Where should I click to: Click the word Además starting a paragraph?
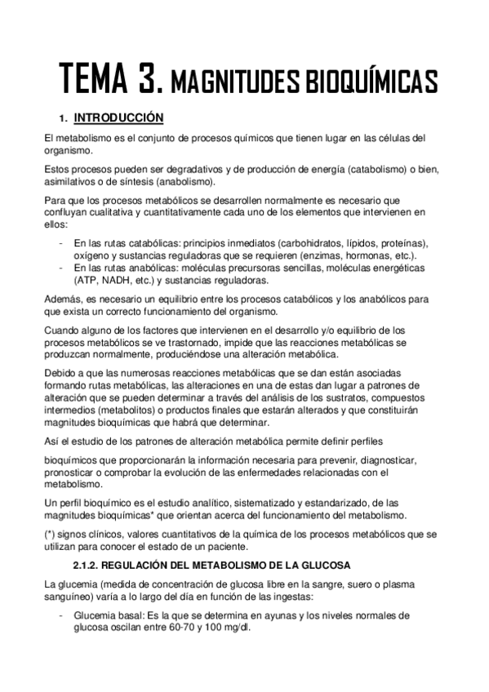pos(64,299)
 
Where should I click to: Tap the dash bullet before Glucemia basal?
pos(63,615)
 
